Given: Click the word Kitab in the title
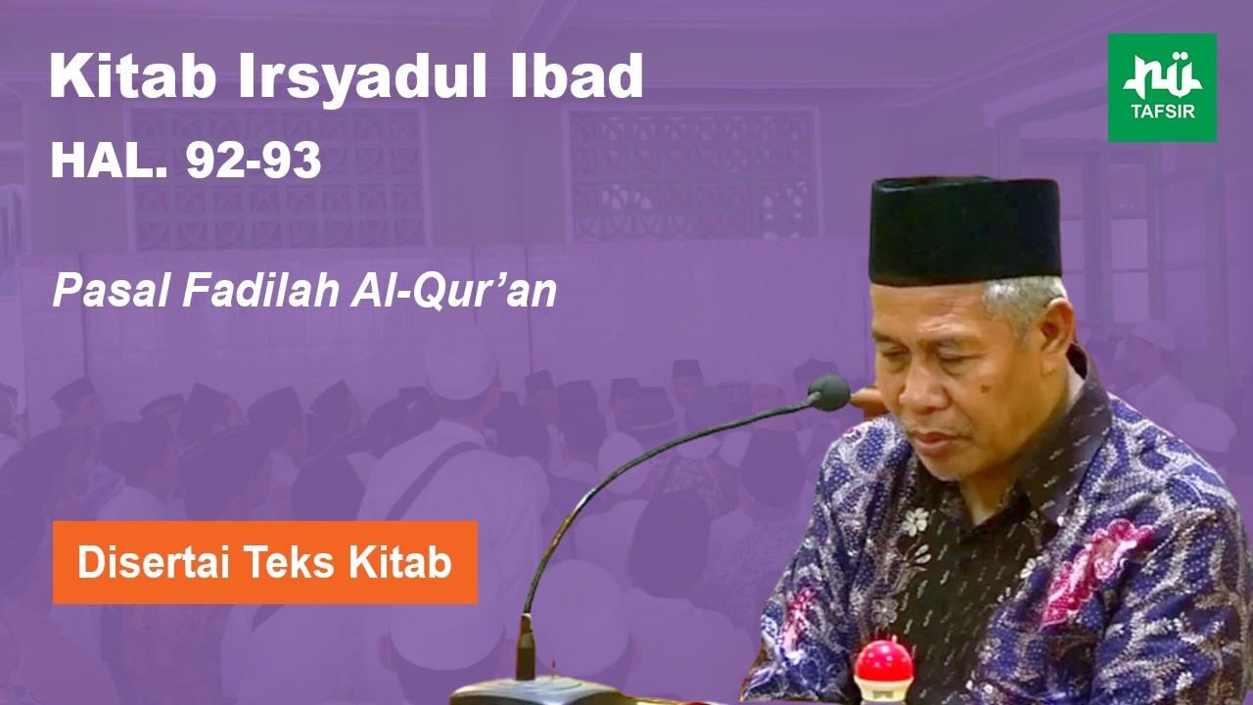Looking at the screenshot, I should pos(133,76).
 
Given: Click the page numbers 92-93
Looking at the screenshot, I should pos(254,162).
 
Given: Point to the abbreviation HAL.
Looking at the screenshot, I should pos(109,162).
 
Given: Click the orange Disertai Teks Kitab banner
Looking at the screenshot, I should pos(265,562).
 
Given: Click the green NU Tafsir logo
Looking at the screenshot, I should pos(1162,87).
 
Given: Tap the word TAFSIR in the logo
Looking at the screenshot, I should pos(1162,111).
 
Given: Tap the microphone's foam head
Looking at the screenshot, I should pos(830,393).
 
